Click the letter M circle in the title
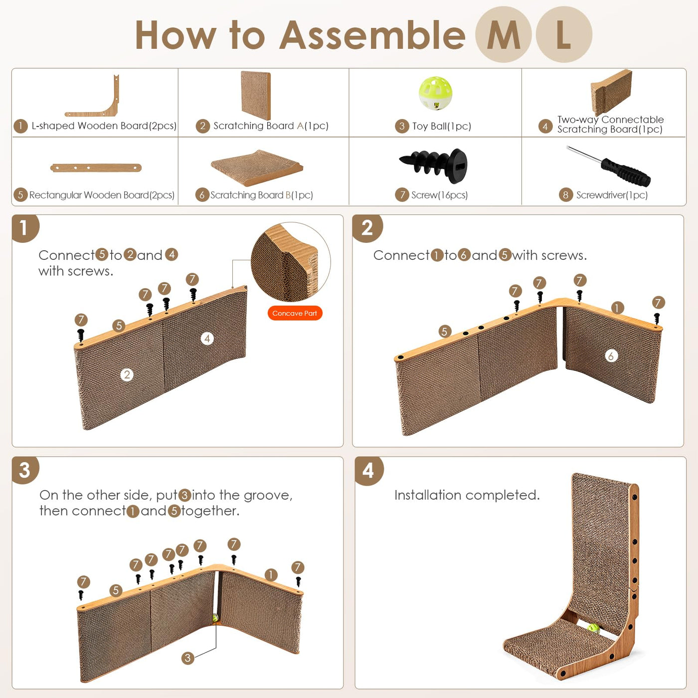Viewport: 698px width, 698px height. (x=503, y=34)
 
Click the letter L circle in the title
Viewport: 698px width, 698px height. (x=564, y=34)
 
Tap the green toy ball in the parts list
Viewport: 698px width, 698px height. (x=435, y=93)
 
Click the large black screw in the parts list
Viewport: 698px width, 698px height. (x=433, y=165)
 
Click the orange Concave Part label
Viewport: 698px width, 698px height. (x=295, y=313)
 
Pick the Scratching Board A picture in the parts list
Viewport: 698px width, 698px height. (x=256, y=95)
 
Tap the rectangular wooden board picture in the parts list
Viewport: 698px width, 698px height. (x=96, y=168)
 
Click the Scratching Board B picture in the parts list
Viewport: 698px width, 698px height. (x=257, y=167)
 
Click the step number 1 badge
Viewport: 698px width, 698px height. (x=24, y=228)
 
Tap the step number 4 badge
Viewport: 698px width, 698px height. (x=368, y=470)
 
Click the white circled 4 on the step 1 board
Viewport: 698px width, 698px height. (x=207, y=339)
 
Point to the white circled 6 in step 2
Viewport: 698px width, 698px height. (x=611, y=355)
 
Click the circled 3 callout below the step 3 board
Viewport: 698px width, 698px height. (x=187, y=658)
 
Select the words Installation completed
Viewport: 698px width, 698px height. (x=467, y=495)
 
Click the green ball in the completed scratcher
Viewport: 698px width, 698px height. (x=593, y=628)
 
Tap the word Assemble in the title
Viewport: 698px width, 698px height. (x=372, y=35)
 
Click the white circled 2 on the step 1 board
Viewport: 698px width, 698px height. (x=127, y=374)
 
